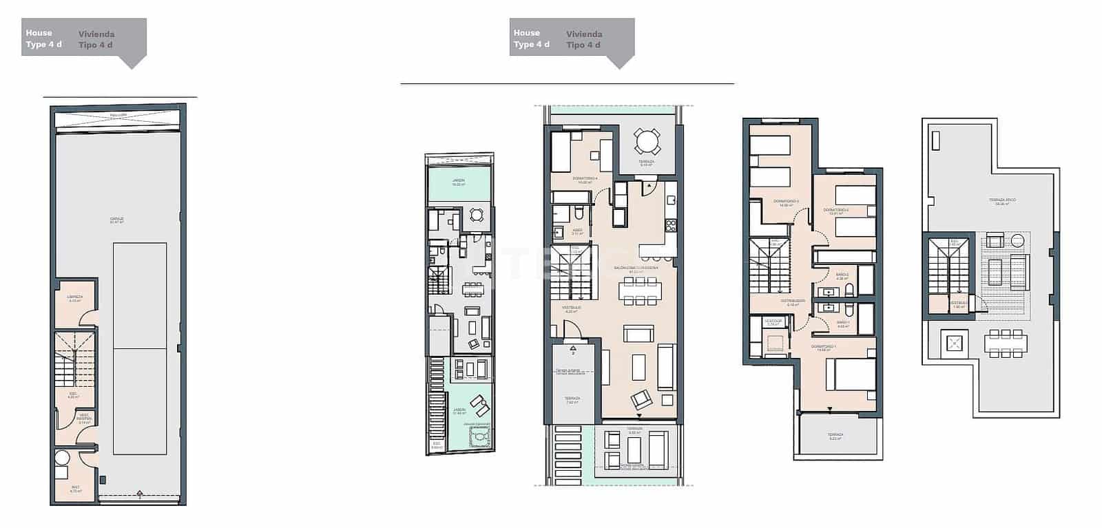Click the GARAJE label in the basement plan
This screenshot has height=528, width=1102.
pos(116,220)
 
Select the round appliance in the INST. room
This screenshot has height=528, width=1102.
pos(63,458)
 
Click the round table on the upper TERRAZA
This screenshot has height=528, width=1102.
pos(647,142)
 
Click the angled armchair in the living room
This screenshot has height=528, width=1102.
pos(642,398)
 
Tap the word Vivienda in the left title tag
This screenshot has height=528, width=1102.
pos(96,34)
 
